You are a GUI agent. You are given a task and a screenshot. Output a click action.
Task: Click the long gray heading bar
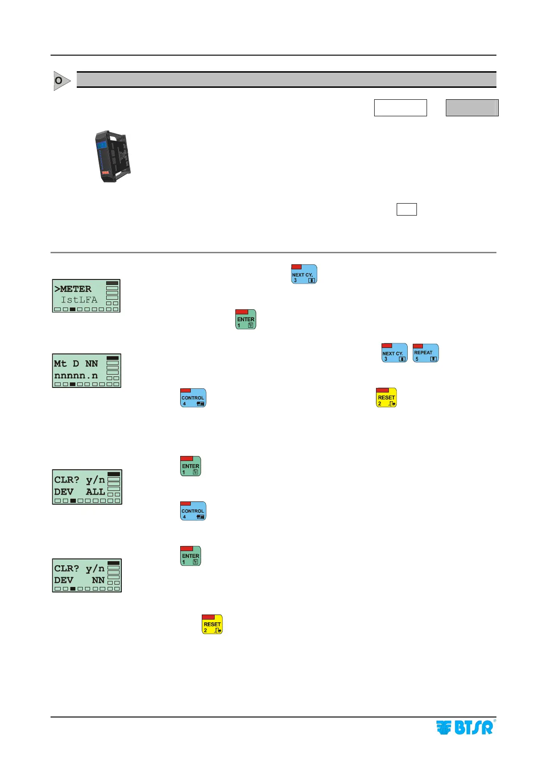(x=286, y=80)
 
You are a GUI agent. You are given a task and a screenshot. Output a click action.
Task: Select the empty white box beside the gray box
(x=400, y=108)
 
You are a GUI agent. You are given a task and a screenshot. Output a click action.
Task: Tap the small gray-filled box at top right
(x=472, y=108)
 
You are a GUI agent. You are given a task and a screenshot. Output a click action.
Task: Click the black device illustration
(x=113, y=156)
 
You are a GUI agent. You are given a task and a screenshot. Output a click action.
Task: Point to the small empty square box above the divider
(x=406, y=209)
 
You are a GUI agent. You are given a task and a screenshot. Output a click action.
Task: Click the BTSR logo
(x=464, y=727)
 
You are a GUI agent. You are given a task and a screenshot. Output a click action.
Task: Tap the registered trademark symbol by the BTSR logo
(x=495, y=721)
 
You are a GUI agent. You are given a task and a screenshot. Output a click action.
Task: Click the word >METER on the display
(x=73, y=289)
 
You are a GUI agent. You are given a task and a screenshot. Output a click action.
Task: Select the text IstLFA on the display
(x=79, y=300)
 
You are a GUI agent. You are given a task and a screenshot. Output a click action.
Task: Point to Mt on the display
(x=60, y=364)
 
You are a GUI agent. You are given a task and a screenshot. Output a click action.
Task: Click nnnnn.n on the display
(x=76, y=376)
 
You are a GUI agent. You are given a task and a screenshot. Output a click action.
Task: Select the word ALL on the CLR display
(x=95, y=492)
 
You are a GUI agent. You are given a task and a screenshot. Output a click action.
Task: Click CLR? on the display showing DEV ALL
(x=67, y=480)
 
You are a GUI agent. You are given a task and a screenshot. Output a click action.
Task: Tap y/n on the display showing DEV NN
(x=95, y=569)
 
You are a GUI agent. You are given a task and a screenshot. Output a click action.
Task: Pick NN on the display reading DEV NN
(x=98, y=580)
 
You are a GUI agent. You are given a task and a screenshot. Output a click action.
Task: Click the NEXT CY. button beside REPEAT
(x=394, y=353)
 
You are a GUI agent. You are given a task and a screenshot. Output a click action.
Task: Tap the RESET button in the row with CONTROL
(x=386, y=398)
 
